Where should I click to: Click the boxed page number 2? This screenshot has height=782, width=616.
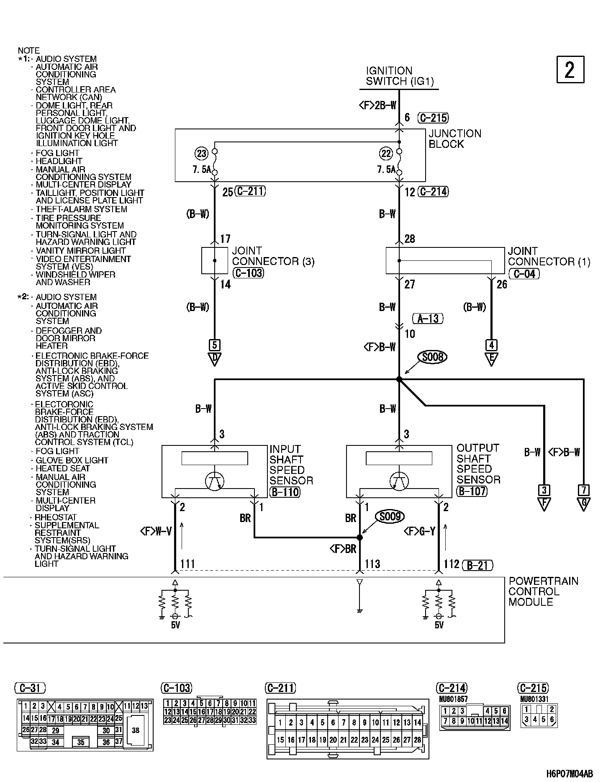point(570,70)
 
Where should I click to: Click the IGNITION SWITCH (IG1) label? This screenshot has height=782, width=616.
point(399,76)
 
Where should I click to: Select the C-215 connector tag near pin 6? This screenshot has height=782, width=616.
point(433,118)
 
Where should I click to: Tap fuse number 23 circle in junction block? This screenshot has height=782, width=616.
point(202,154)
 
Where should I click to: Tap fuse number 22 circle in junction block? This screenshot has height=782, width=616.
point(386,154)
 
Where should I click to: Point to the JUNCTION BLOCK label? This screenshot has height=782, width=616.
point(454,139)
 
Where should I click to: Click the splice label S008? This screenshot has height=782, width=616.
point(432,357)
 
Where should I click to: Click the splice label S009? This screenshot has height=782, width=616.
point(390,517)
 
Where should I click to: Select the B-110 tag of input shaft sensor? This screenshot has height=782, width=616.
point(285,491)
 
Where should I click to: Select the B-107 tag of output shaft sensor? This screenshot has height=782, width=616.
point(472,491)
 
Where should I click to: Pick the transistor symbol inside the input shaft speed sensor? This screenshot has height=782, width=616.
point(215,481)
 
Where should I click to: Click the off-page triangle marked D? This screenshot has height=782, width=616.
point(214,359)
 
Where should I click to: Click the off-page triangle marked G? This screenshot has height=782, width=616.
point(583,504)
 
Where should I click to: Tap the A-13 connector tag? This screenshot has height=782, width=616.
point(428,318)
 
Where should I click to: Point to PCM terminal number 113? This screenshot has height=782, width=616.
point(372,564)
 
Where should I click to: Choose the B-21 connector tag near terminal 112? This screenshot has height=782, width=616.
point(477,565)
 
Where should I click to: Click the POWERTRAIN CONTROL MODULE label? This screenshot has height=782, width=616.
point(543,591)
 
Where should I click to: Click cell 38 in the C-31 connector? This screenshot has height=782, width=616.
point(135,730)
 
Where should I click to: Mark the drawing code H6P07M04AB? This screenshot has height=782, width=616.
point(570,773)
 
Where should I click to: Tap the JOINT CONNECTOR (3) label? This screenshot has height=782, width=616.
point(273,256)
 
